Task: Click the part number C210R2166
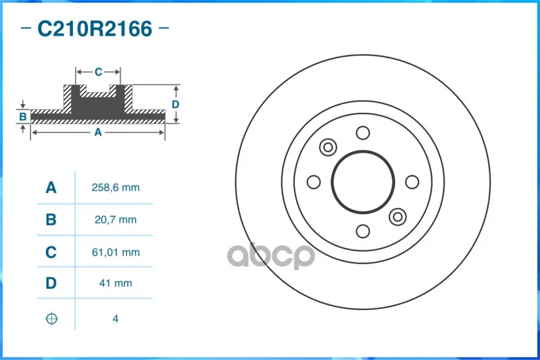coord(95,28)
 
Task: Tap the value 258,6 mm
coord(116,188)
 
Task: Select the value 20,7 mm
coord(116,220)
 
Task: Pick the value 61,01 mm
coord(116,253)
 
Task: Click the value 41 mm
coord(116,283)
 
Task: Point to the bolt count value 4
coord(116,319)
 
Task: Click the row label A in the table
coord(51,188)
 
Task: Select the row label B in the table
coord(51,220)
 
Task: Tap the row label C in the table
coord(51,253)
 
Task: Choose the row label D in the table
coord(51,283)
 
